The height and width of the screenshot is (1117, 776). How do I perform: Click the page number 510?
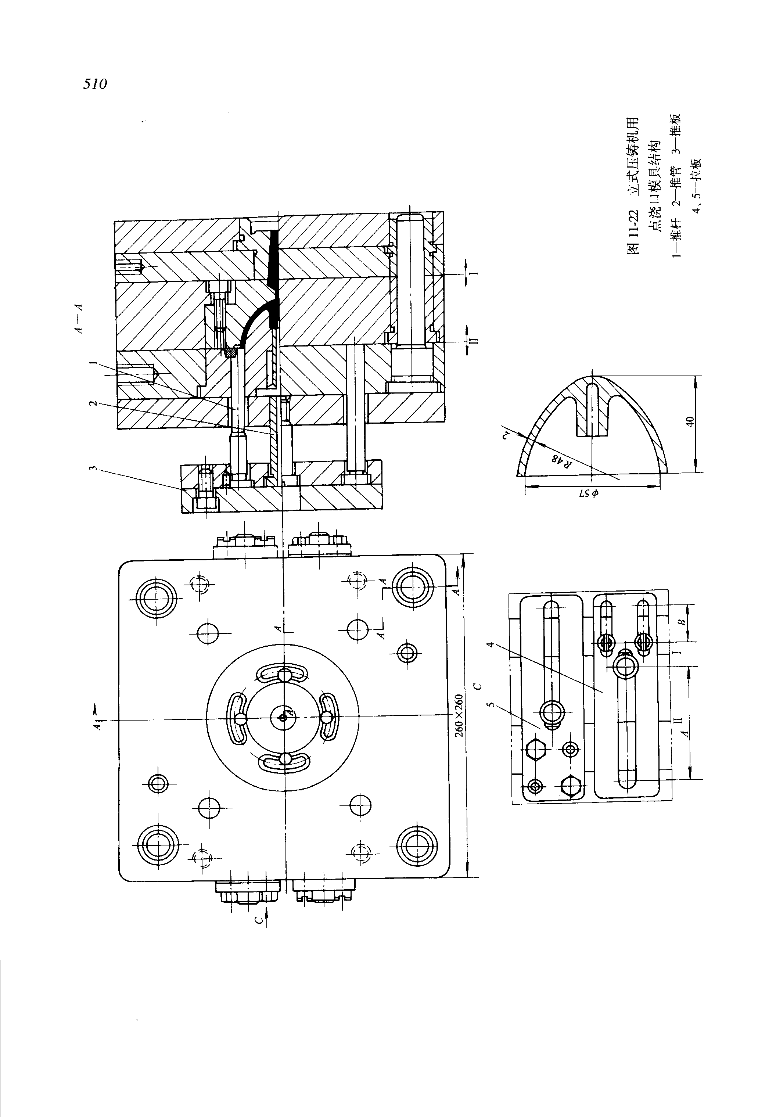tap(95, 84)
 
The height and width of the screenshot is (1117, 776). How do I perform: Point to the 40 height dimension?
tap(689, 421)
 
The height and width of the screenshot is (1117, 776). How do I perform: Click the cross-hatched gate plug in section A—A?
tap(231, 351)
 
